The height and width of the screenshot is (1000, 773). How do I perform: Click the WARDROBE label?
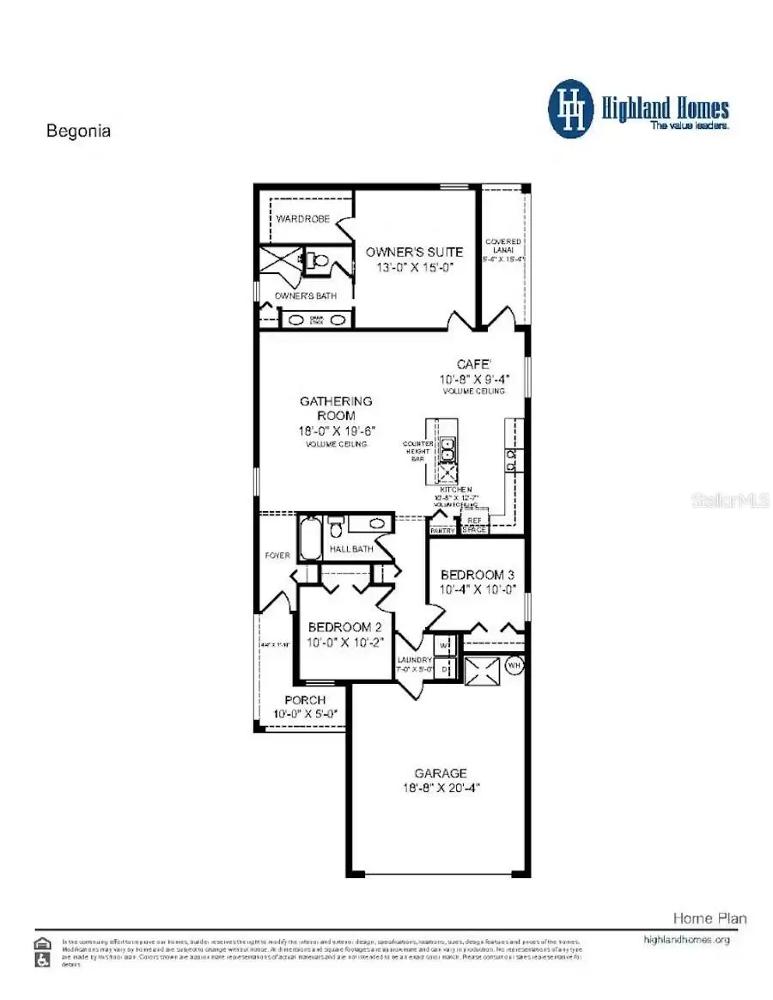tap(302, 219)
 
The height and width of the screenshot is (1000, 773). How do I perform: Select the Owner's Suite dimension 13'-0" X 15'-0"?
tap(414, 267)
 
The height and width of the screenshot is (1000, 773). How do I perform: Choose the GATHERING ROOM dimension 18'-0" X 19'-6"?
tap(336, 430)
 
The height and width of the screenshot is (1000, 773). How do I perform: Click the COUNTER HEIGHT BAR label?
tap(417, 451)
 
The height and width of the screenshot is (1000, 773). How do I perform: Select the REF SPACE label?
tap(474, 525)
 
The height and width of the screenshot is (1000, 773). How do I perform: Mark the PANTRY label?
tap(442, 531)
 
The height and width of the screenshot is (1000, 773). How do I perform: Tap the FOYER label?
tap(277, 556)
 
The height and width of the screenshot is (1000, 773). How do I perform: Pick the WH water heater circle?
tap(514, 664)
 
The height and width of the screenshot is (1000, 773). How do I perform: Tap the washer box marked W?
tap(444, 644)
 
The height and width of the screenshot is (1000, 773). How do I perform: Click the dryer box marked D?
tap(444, 666)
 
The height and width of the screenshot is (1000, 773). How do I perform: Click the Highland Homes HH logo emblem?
tap(571, 109)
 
